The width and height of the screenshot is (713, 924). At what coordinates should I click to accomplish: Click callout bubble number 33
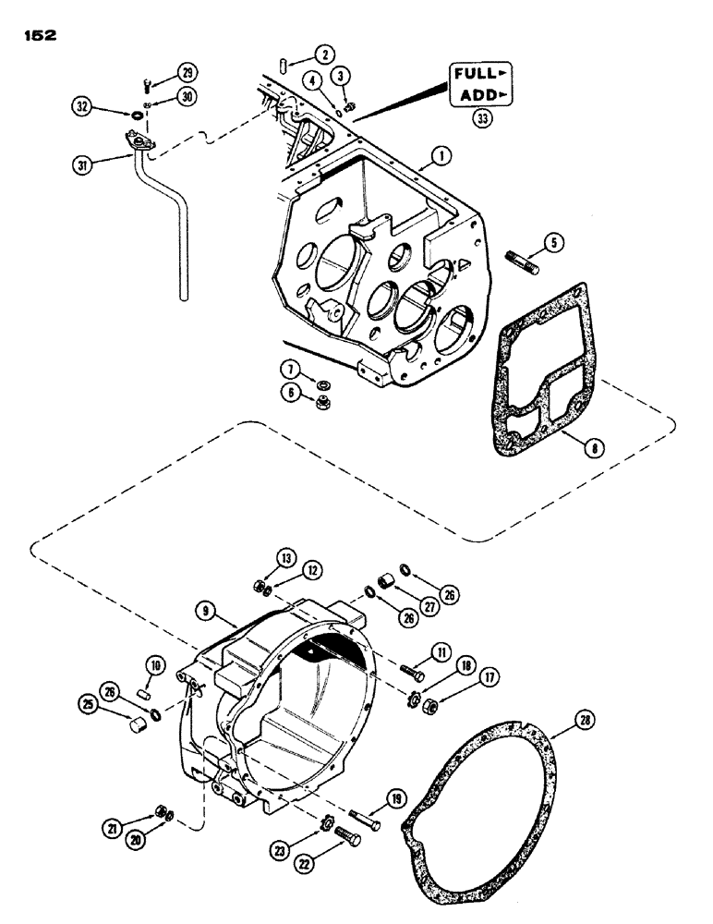point(480,118)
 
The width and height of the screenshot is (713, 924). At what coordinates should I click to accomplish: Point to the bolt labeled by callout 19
point(367,816)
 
